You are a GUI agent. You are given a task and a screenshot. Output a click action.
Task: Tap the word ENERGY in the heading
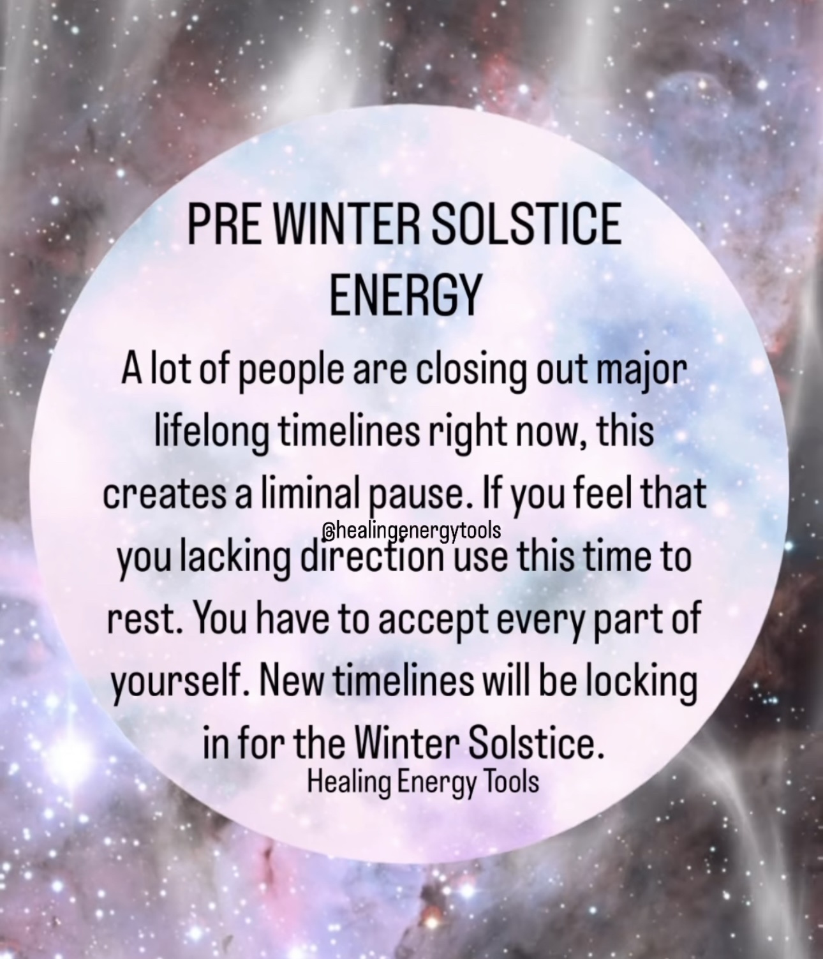(404, 294)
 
